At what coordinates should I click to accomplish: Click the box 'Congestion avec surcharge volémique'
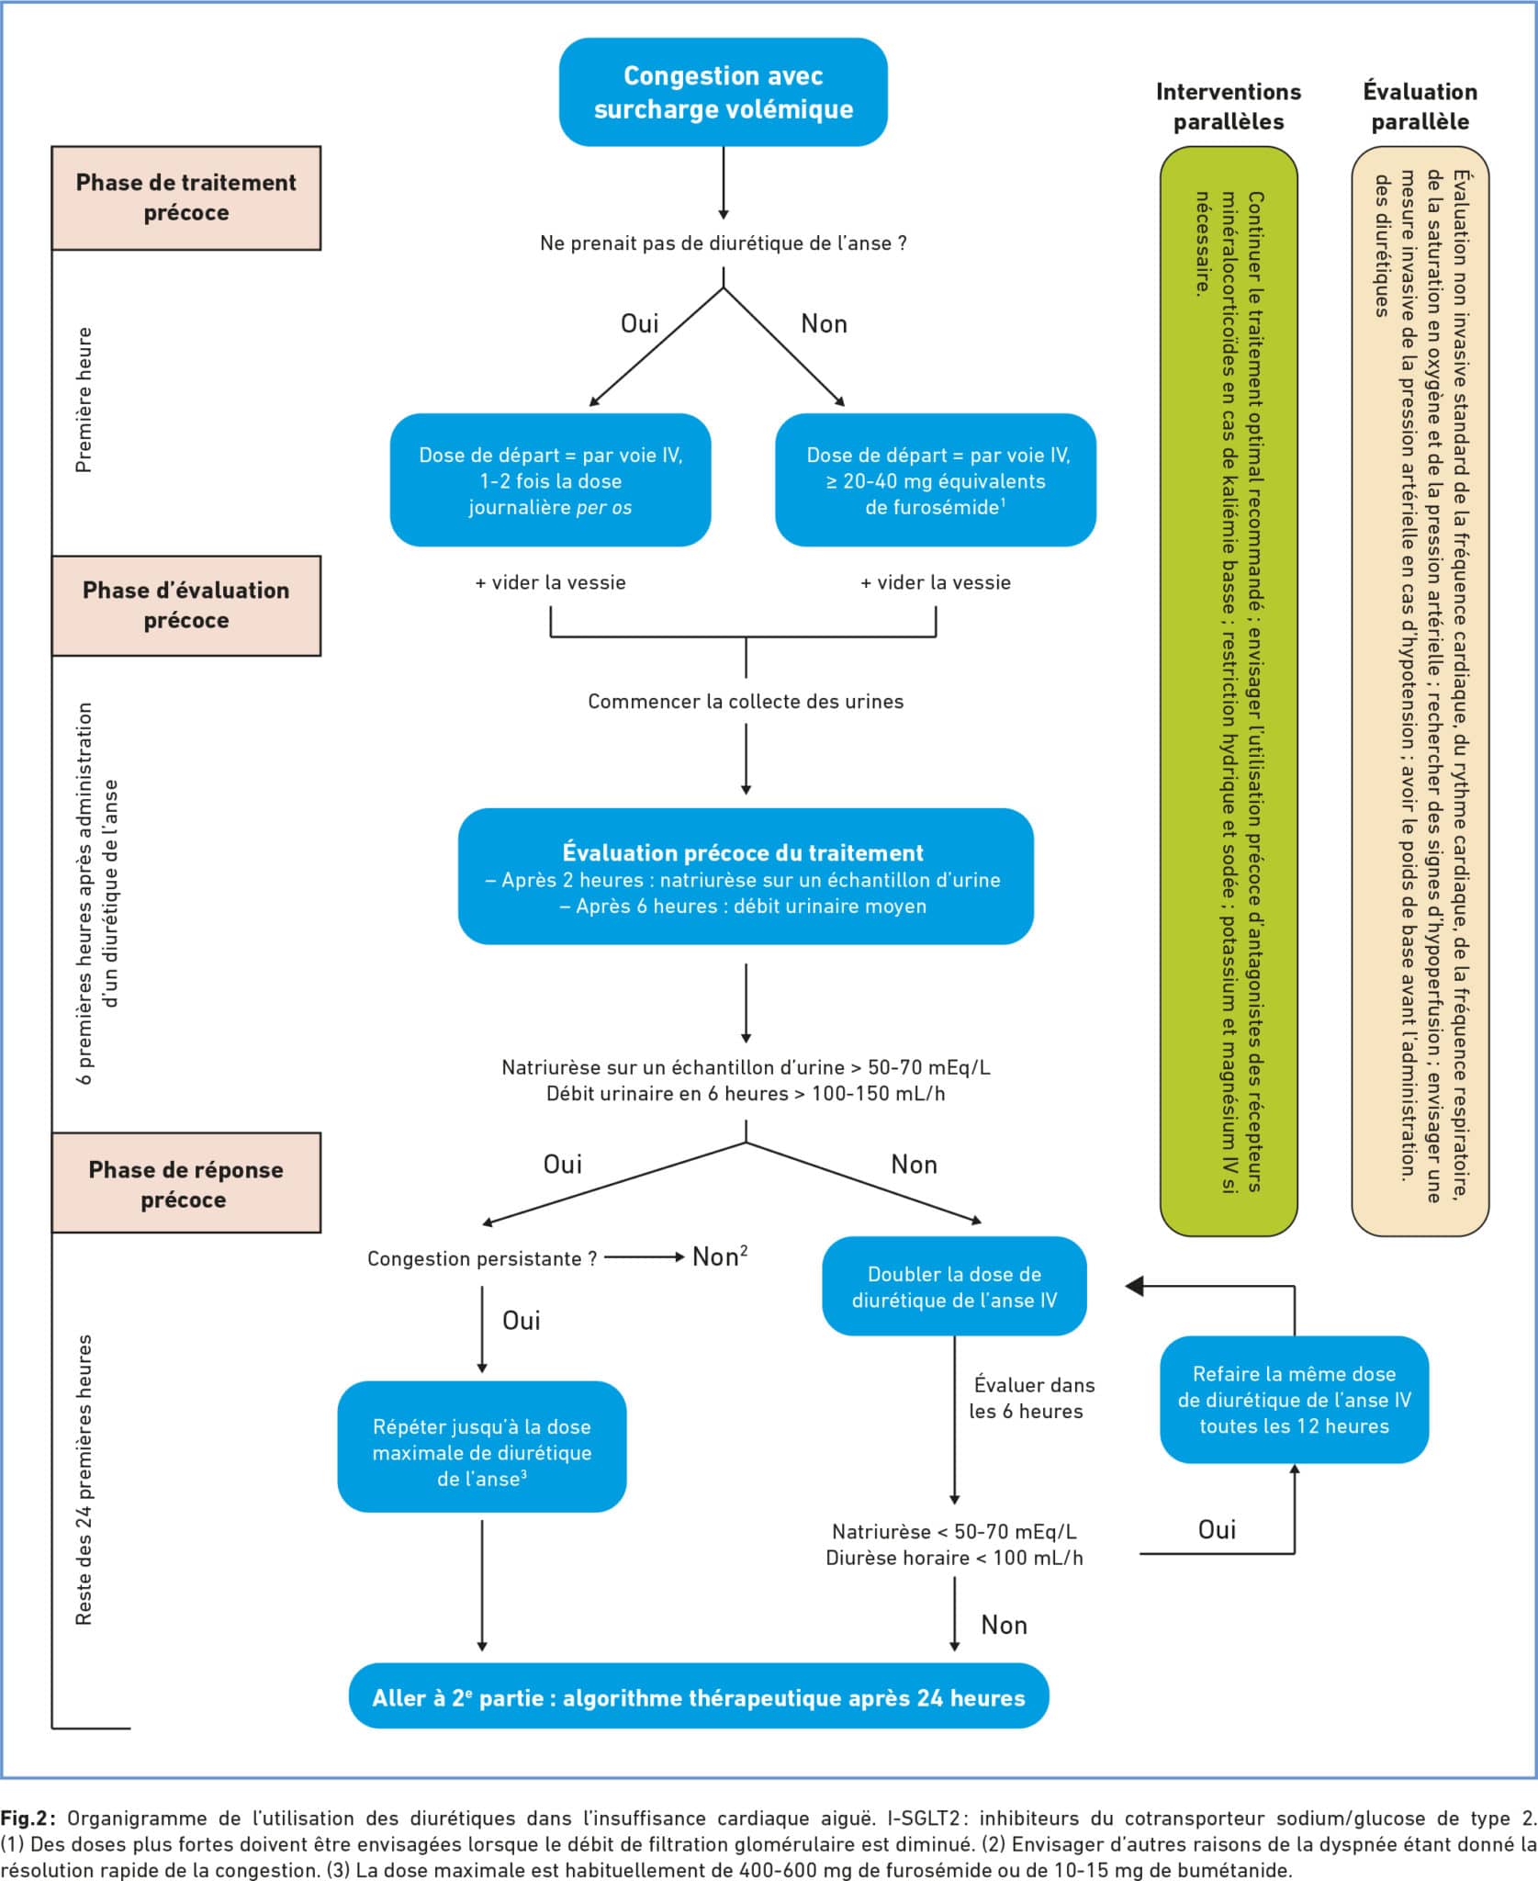pyautogui.click(x=724, y=92)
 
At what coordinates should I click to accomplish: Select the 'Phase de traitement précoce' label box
pyautogui.click(x=186, y=197)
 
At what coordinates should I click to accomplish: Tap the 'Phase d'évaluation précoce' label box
pyautogui.click(x=186, y=605)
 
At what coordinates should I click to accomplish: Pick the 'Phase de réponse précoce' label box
pyautogui.click(x=186, y=1183)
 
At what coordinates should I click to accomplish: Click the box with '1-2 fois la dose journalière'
pyautogui.click(x=551, y=480)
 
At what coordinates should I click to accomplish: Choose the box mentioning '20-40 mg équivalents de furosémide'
pyautogui.click(x=936, y=480)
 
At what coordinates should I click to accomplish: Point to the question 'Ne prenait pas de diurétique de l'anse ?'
pyautogui.click(x=724, y=243)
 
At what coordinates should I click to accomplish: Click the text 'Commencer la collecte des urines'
pyautogui.click(x=746, y=702)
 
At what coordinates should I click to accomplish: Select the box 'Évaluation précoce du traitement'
pyautogui.click(x=746, y=876)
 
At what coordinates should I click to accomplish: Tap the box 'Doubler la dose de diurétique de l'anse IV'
pyautogui.click(x=954, y=1287)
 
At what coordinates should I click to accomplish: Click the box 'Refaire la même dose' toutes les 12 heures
pyautogui.click(x=1294, y=1400)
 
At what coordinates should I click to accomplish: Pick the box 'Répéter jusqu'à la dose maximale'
pyautogui.click(x=482, y=1452)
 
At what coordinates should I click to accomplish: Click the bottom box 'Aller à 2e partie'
pyautogui.click(x=699, y=1697)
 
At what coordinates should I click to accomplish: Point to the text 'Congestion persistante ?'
pyautogui.click(x=482, y=1258)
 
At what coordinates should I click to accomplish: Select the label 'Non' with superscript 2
pyautogui.click(x=720, y=1256)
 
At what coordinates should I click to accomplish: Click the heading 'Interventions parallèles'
pyautogui.click(x=1229, y=107)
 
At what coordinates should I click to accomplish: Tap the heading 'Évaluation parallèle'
pyautogui.click(x=1420, y=107)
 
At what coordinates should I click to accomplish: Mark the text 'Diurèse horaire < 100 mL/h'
pyautogui.click(x=954, y=1558)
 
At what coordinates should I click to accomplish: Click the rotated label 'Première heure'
pyautogui.click(x=84, y=400)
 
